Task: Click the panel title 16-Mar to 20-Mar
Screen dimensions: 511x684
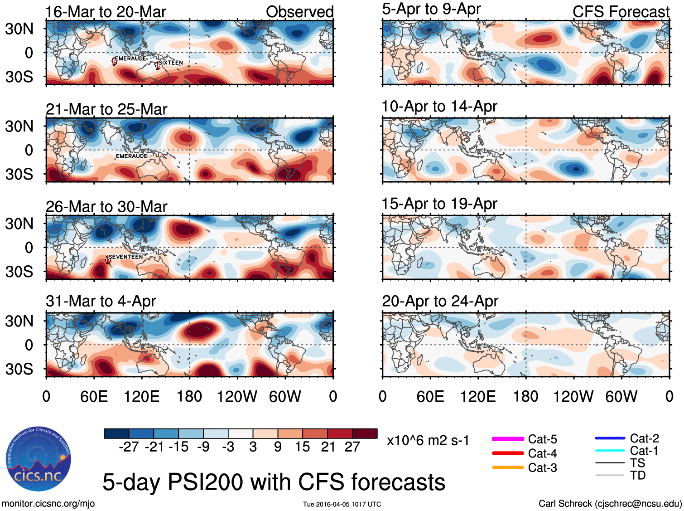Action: pos(106,12)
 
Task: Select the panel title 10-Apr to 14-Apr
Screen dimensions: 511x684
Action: pos(439,107)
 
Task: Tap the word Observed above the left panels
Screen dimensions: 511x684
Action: pos(299,12)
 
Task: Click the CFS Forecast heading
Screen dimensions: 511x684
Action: pos(621,12)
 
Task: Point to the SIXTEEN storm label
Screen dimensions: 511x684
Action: pos(171,63)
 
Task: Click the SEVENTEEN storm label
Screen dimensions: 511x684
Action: pos(125,257)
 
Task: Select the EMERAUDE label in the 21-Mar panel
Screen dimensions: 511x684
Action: pos(131,156)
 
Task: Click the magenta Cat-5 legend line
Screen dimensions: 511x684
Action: pos(508,439)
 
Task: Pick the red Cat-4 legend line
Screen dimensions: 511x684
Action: pos(508,453)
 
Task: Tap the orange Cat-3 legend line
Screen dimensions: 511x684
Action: pos(508,467)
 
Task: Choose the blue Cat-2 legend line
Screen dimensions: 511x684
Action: pos(610,438)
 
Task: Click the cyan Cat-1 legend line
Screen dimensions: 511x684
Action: pos(610,450)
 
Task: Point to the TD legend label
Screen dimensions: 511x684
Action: pos(637,475)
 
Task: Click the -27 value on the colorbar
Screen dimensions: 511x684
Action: pos(129,447)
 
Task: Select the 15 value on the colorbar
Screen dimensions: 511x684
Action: pos(302,447)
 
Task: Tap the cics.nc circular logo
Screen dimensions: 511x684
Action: pos(39,459)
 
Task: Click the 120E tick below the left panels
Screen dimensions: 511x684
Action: pos(141,397)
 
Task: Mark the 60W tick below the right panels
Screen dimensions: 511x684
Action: pos(621,397)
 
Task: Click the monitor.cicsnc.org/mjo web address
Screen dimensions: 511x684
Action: pos(48,504)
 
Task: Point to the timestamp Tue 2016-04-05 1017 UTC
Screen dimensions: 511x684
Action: pos(342,504)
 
